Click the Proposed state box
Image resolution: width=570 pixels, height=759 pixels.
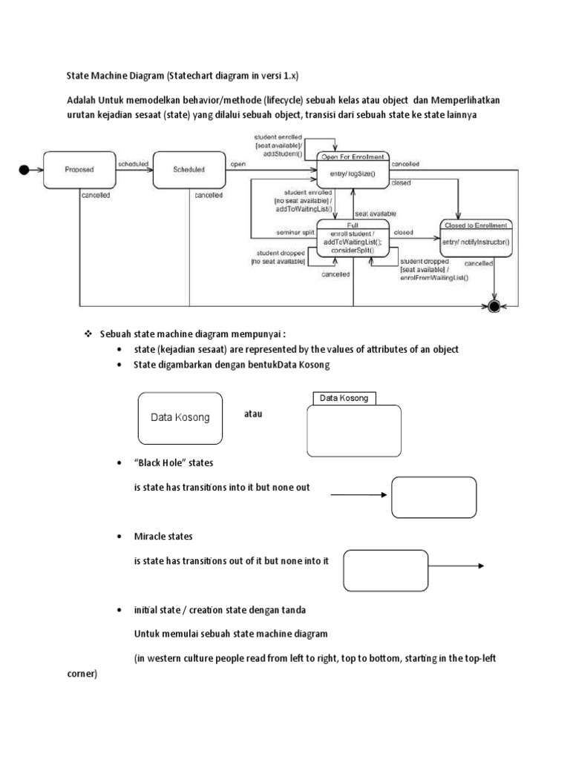[79, 170]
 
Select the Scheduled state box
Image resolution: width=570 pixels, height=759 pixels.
[189, 170]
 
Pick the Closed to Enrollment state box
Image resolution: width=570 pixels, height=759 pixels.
[475, 238]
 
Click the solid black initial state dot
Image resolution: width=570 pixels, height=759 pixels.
[24, 170]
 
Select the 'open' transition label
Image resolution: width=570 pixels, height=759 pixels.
[238, 164]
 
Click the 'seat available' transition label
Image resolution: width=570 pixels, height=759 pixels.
[376, 213]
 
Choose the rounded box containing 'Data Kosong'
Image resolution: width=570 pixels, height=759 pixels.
[180, 417]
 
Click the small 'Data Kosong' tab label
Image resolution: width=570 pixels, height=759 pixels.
[344, 399]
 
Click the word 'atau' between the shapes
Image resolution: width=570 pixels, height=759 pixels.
[254, 414]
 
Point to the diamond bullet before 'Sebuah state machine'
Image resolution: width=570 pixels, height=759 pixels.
[87, 334]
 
